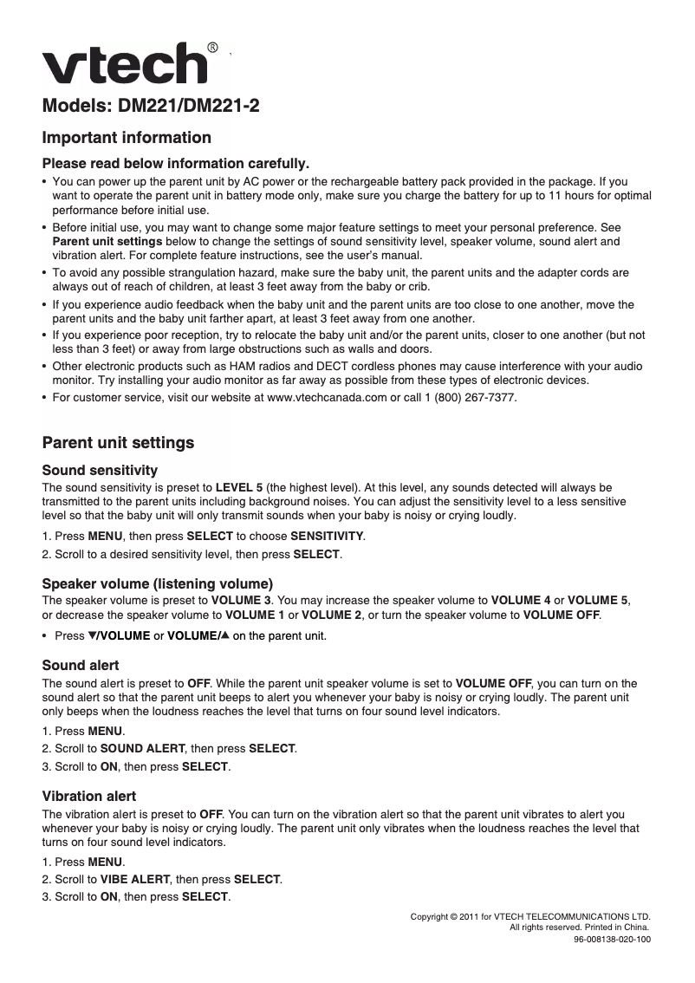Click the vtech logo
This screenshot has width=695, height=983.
point(126,63)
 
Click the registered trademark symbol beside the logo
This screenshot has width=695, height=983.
point(212,47)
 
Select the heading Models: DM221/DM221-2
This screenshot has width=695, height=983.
point(151,107)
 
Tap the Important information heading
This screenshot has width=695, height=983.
point(127,138)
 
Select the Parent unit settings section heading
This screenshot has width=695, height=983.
point(118,443)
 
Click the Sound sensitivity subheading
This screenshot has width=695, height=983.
point(100,471)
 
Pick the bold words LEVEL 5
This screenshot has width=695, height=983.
point(239,488)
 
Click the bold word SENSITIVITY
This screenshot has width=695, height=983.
point(327,536)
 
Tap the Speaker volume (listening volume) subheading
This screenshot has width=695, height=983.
point(158,583)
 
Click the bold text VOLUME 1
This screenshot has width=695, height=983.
point(254,615)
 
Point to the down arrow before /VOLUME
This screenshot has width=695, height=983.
point(93,636)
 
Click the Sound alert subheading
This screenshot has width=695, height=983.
point(81,666)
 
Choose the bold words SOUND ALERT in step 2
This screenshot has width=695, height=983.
point(143,748)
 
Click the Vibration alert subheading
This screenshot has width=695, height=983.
point(89,796)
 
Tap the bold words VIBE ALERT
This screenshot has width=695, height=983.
point(135,879)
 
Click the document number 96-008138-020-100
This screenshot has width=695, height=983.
point(612,939)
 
